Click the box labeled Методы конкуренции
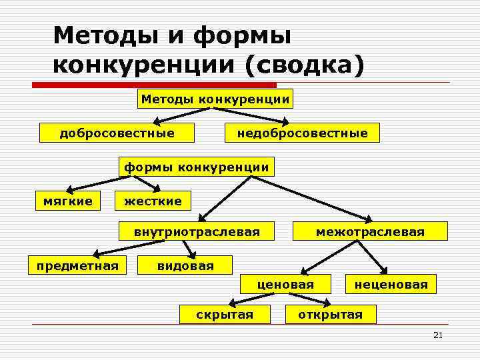[216, 99]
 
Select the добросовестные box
[117, 133]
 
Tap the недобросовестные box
[302, 133]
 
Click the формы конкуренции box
[196, 167]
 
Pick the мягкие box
[68, 199]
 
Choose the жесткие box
[153, 200]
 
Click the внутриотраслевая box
[197, 232]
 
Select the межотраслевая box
[370, 232]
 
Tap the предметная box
[77, 266]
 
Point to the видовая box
[185, 266]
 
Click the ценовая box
[287, 285]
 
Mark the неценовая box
[391, 285]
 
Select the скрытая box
[225, 314]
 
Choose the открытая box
[331, 314]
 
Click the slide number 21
[437, 335]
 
